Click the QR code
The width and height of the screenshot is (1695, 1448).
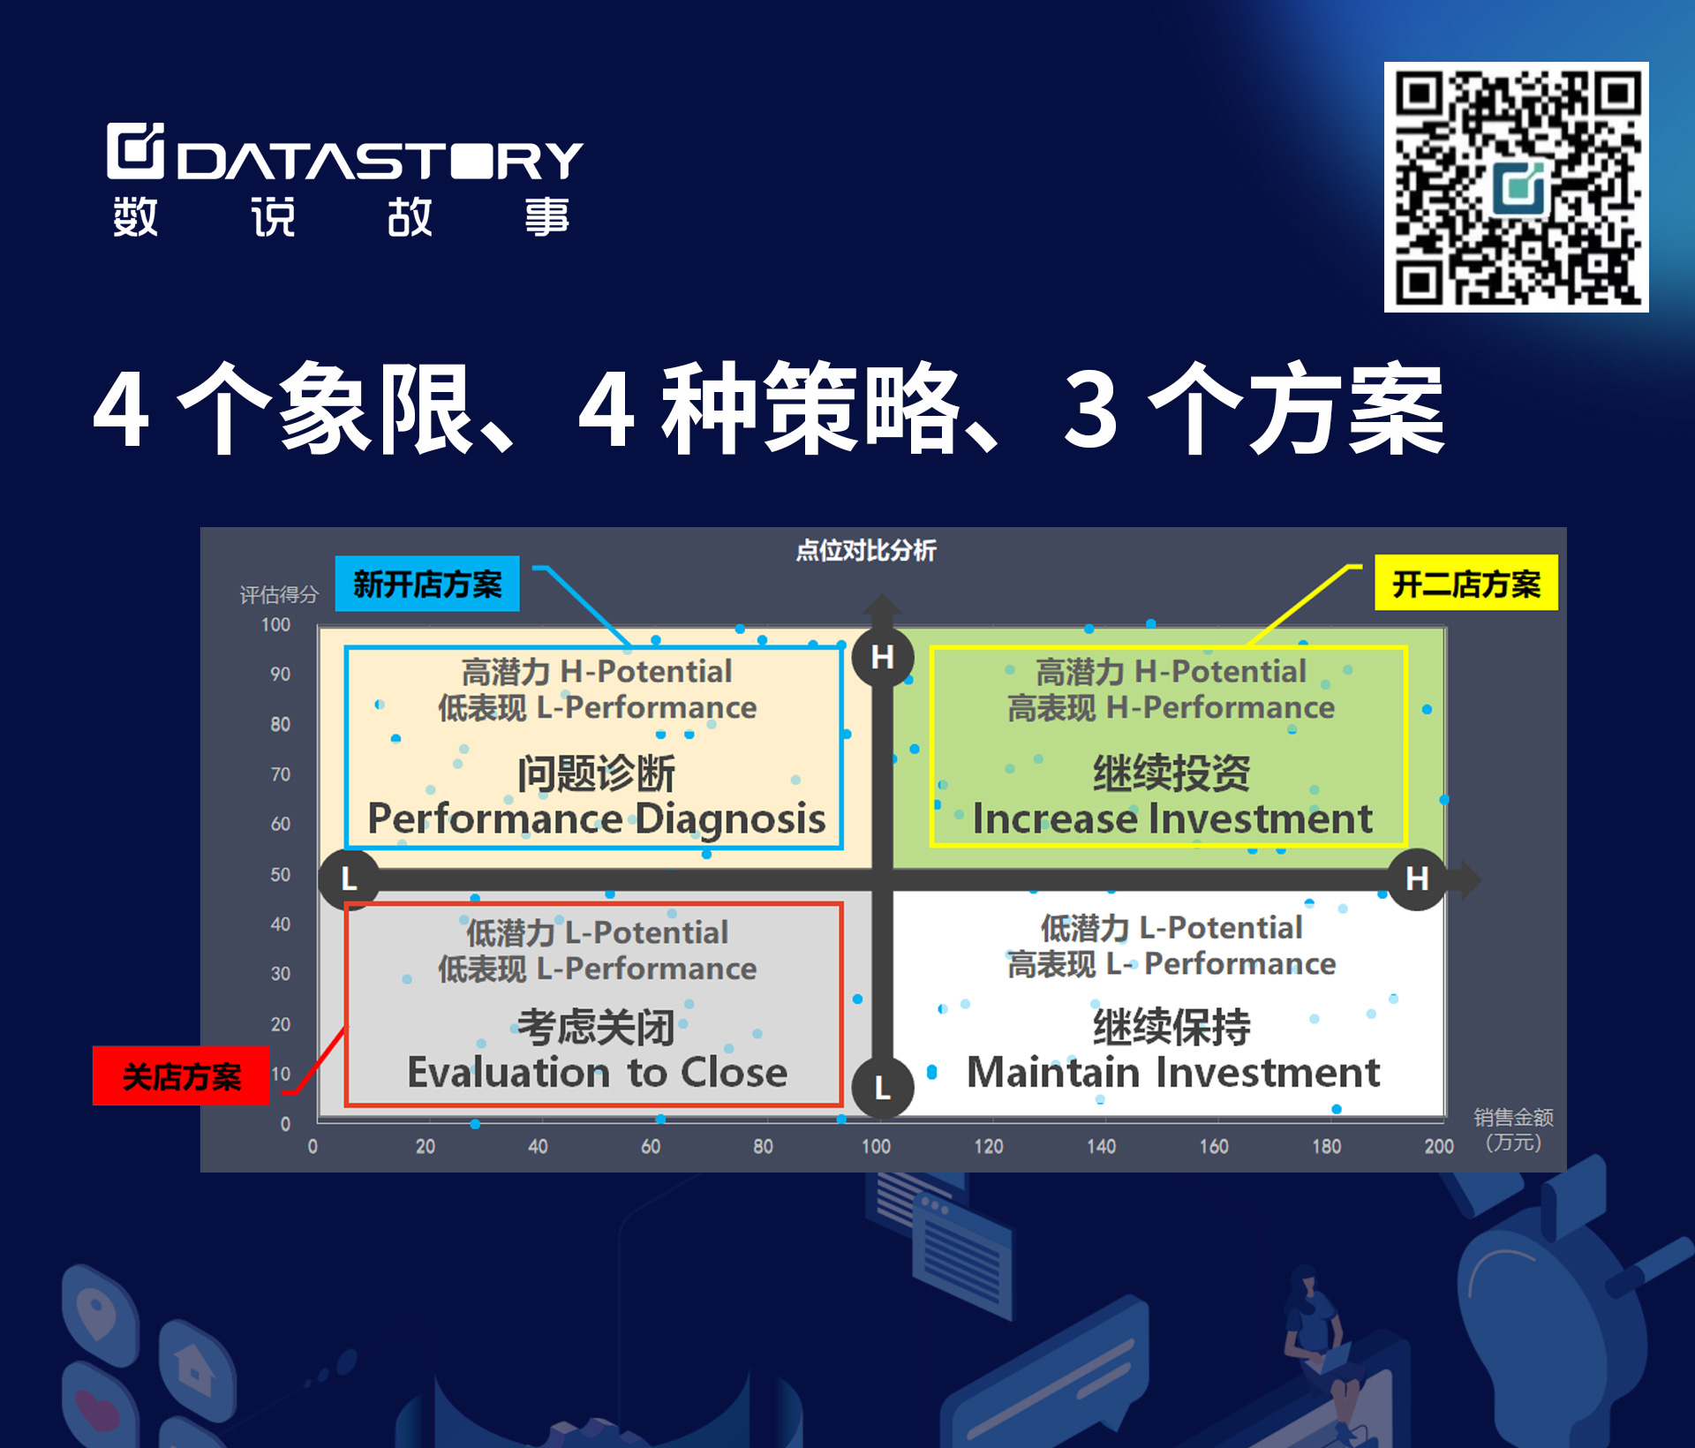click(1516, 187)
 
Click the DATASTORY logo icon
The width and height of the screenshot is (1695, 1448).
click(135, 150)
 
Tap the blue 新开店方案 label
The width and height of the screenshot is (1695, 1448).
click(427, 584)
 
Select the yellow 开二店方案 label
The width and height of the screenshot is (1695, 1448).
click(1466, 583)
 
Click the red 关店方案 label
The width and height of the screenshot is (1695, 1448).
click(181, 1075)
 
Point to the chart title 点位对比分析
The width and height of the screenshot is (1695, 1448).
click(866, 551)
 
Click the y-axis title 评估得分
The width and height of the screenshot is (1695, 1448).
click(279, 594)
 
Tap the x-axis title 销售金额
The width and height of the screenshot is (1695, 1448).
click(1513, 1117)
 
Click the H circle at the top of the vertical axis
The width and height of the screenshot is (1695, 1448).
click(882, 657)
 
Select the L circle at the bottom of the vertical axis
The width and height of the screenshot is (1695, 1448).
click(882, 1087)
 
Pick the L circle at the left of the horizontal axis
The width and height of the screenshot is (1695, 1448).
click(350, 879)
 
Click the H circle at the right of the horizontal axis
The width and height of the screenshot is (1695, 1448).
click(1417, 879)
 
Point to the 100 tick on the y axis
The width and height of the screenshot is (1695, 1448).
click(275, 624)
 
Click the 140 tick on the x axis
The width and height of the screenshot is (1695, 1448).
click(1101, 1146)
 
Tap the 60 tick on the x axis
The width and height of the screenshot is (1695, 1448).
click(651, 1146)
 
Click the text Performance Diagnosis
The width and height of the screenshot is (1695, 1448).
click(597, 818)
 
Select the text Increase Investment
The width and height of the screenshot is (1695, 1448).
click(1172, 818)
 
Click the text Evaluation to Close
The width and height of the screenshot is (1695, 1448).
click(598, 1072)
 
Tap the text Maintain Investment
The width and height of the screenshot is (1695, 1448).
click(1173, 1072)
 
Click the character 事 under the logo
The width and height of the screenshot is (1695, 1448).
click(547, 216)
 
